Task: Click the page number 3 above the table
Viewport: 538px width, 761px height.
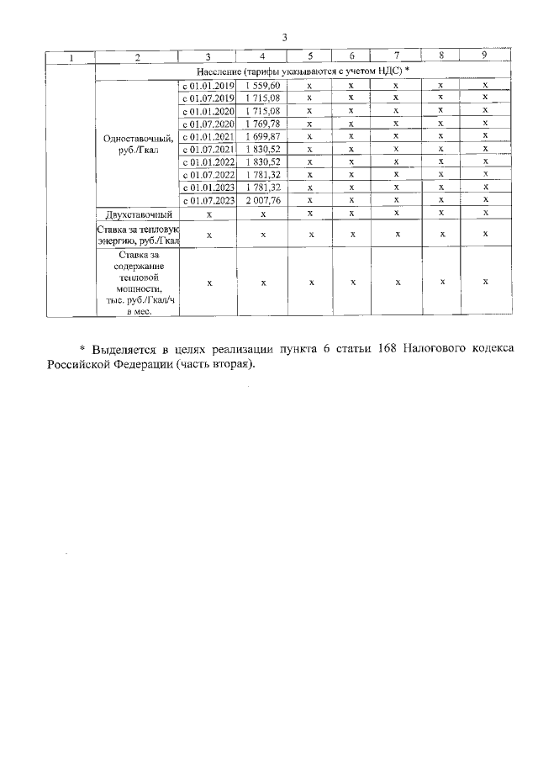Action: (285, 38)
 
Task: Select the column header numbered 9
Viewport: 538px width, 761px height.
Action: (484, 56)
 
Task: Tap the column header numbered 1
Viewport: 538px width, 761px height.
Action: (71, 57)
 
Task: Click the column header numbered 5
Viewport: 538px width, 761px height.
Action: (310, 56)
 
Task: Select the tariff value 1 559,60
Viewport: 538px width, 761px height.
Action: (263, 86)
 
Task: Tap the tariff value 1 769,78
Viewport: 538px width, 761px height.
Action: (263, 124)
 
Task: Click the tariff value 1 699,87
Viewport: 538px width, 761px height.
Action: (263, 136)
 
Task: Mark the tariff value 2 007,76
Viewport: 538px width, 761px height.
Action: (263, 200)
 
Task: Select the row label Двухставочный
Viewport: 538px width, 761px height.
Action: (138, 214)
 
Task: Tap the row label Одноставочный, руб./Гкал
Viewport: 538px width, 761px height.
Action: (138, 143)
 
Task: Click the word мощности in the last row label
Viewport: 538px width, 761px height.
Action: (138, 288)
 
